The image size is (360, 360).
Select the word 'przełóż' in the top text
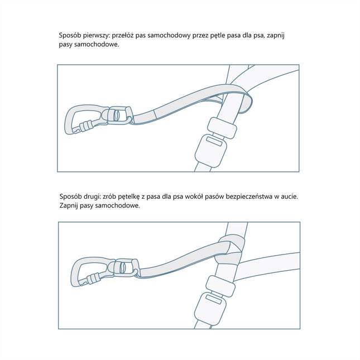(x=129, y=35)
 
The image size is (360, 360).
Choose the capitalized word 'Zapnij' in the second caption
(x=70, y=206)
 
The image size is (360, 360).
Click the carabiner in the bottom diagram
(x=84, y=273)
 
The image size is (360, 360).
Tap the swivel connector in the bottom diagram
(x=126, y=267)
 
